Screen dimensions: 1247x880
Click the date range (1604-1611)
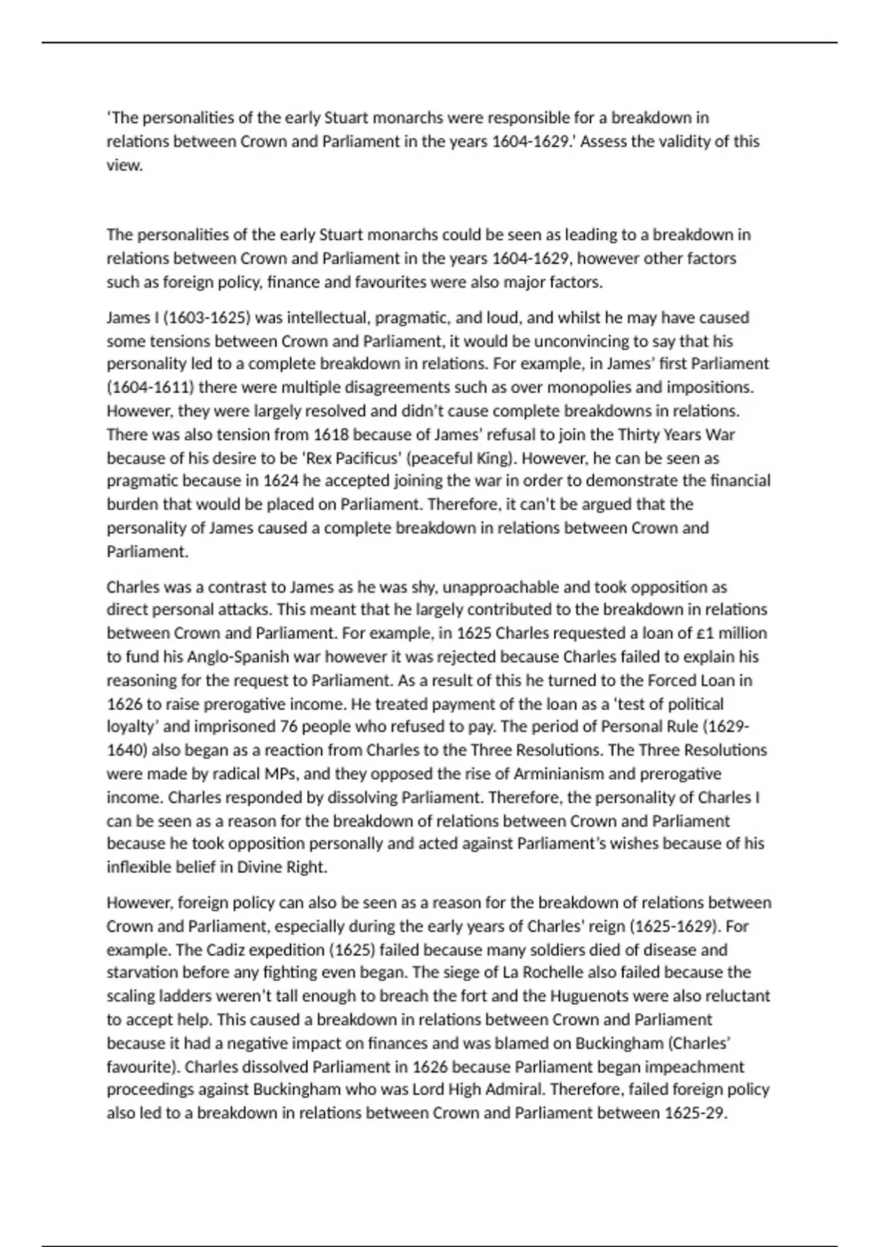[x=150, y=387]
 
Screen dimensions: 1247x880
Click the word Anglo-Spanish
[x=218, y=657]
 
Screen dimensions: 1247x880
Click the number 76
[x=288, y=727]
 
